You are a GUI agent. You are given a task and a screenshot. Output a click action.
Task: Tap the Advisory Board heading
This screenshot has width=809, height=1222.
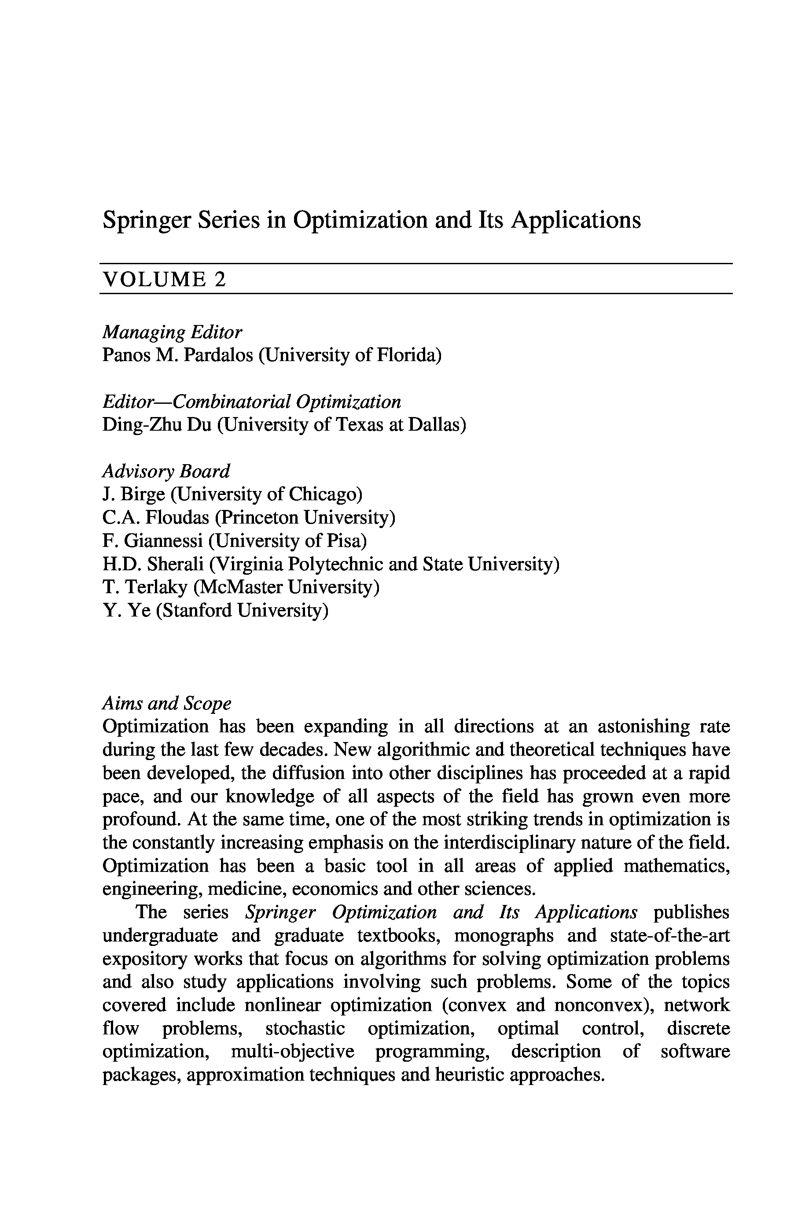coord(165,471)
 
